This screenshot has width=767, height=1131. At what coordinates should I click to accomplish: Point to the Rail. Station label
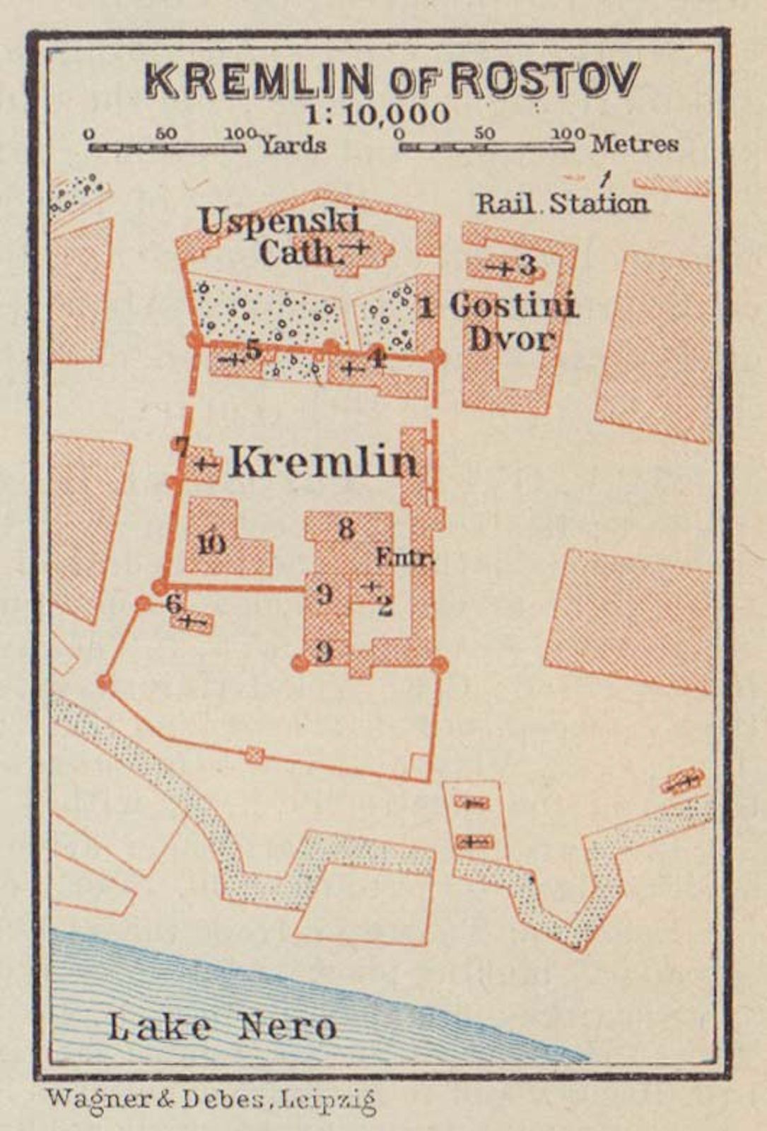point(562,204)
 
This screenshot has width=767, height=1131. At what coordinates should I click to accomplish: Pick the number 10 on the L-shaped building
point(211,544)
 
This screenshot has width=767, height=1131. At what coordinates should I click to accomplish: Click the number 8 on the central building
point(346,528)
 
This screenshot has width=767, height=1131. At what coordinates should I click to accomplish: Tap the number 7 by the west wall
point(182,447)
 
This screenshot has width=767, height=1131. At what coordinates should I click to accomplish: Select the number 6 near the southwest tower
point(173,604)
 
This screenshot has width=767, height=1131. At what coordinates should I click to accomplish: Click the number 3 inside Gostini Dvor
point(528,266)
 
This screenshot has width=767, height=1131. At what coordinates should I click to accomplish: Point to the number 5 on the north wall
point(253,348)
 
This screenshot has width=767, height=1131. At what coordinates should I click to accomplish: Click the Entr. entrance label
point(405,558)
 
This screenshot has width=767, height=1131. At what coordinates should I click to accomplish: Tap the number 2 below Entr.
point(385,606)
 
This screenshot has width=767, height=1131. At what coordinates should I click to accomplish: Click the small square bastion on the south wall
point(254,756)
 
